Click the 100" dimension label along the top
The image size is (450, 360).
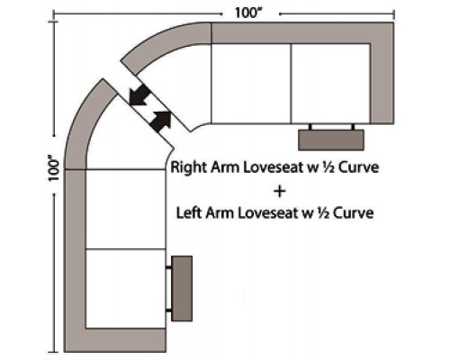(248, 13)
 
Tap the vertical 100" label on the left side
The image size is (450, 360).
(55, 168)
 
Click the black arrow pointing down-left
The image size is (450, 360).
(139, 94)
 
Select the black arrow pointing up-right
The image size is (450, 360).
(160, 121)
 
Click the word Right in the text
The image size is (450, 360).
(189, 167)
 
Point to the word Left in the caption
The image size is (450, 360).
(190, 213)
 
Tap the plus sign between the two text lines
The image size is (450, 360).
(280, 192)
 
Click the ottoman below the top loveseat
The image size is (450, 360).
(331, 140)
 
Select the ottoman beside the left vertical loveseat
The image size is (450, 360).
(182, 289)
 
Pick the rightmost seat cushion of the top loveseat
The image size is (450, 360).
(330, 84)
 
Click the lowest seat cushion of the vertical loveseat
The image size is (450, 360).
(126, 288)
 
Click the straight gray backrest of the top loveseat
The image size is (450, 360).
(302, 33)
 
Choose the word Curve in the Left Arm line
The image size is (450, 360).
(354, 213)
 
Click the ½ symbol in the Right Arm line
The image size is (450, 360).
(329, 167)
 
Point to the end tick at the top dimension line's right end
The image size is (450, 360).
(394, 13)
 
